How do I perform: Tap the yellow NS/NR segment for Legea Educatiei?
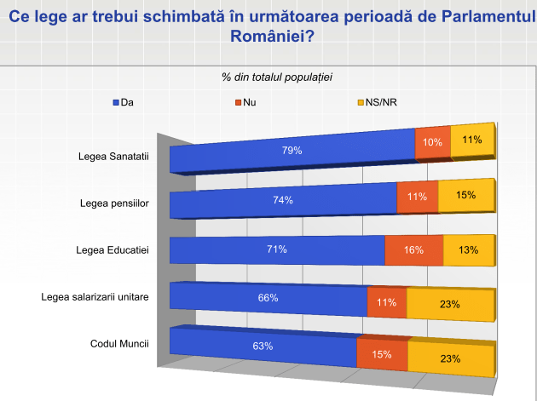[x=467, y=249]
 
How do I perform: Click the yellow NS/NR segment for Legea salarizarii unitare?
[x=450, y=304]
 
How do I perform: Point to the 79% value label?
[x=292, y=151]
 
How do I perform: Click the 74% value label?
[x=283, y=200]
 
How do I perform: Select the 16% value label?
[x=412, y=249]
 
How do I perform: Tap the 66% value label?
[x=268, y=298]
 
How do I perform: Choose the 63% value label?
[x=263, y=346]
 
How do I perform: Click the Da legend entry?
[x=123, y=102]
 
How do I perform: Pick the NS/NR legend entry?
[x=376, y=102]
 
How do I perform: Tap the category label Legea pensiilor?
[x=114, y=203]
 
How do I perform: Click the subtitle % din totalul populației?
[x=276, y=77]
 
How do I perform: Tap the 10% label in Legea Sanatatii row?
[x=432, y=142]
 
